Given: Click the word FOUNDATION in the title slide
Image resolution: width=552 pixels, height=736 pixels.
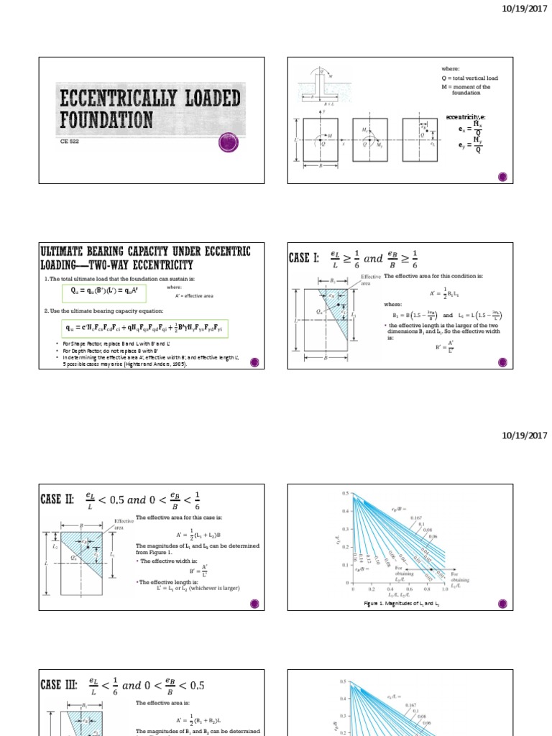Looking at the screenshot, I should (x=106, y=118).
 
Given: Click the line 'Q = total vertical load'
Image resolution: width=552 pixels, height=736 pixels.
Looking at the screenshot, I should (x=469, y=78).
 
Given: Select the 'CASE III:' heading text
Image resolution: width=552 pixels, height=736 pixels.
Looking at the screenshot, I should (x=63, y=686).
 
